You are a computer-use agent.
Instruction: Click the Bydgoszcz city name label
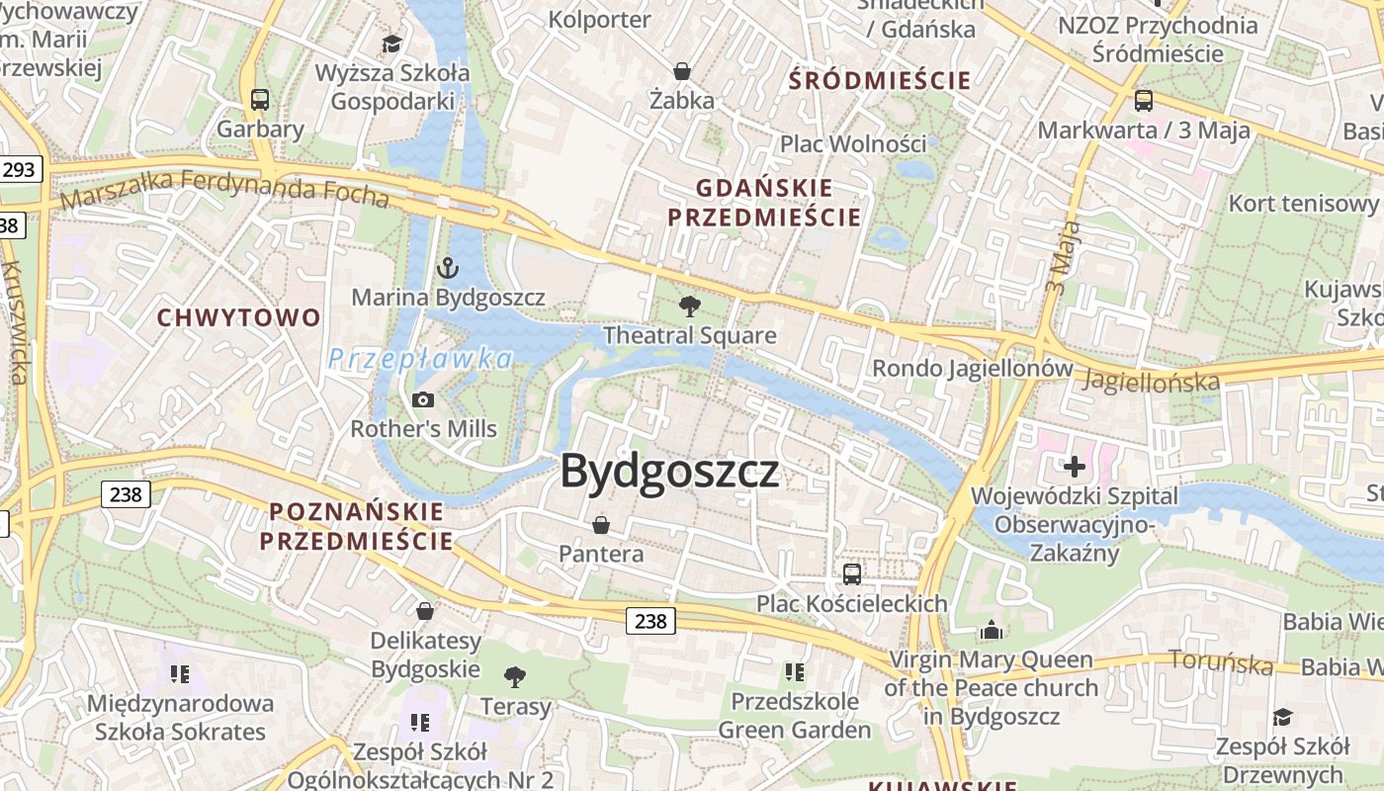coord(670,472)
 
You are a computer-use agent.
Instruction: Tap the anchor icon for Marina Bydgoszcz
coord(448,268)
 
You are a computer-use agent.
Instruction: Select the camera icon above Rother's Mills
coord(423,399)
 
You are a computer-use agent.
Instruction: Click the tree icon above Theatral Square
coord(690,307)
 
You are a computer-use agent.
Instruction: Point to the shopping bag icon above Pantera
coord(600,524)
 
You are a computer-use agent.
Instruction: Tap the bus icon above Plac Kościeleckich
coord(851,573)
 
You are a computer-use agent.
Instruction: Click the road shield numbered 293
coord(19,169)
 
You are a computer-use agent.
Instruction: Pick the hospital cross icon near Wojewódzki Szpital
coord(1075,466)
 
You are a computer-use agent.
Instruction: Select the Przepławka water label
coord(420,359)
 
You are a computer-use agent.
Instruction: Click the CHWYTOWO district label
coord(239,317)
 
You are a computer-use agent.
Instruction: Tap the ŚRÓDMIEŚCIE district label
coord(880,81)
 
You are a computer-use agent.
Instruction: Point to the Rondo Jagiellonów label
coord(972,369)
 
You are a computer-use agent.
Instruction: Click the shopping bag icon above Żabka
coord(681,71)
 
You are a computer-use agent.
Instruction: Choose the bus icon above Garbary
coord(260,100)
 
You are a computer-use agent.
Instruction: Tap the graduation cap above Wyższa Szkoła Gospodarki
coord(392,44)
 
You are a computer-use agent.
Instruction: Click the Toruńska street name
coord(1221,661)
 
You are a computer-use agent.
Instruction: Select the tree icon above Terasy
coord(514,677)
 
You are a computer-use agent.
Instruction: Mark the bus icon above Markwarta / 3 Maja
coord(1143,100)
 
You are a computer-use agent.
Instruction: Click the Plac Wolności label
coord(853,143)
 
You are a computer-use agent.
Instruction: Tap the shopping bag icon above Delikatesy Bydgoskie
coord(425,611)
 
